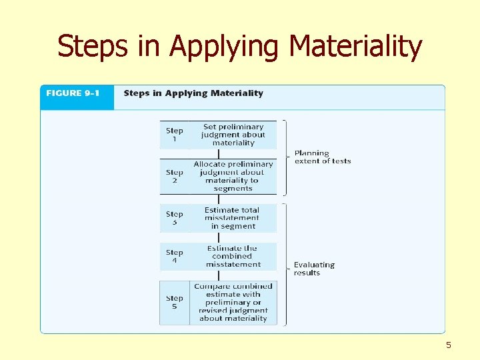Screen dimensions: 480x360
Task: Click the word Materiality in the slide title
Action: (x=356, y=47)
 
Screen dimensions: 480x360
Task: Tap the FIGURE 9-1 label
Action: (x=73, y=93)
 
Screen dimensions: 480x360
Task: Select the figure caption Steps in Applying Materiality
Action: (x=193, y=93)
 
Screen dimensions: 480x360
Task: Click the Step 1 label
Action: (x=175, y=135)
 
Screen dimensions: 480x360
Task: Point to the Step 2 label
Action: (x=175, y=176)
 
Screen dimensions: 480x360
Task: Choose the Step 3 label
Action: (x=175, y=218)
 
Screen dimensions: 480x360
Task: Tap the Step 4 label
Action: (x=175, y=256)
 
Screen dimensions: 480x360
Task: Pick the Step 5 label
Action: (x=175, y=302)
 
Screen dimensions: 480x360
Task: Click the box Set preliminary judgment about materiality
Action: (x=233, y=135)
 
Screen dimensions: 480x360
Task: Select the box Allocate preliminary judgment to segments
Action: (x=233, y=176)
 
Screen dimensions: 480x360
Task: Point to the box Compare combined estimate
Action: (x=233, y=302)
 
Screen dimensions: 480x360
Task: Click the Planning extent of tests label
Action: (x=322, y=157)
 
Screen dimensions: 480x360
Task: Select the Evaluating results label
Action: (x=314, y=269)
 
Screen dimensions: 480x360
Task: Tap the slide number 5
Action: (x=449, y=345)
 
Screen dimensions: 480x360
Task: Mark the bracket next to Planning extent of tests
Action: (x=285, y=157)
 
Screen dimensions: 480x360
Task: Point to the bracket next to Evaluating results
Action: (x=285, y=265)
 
